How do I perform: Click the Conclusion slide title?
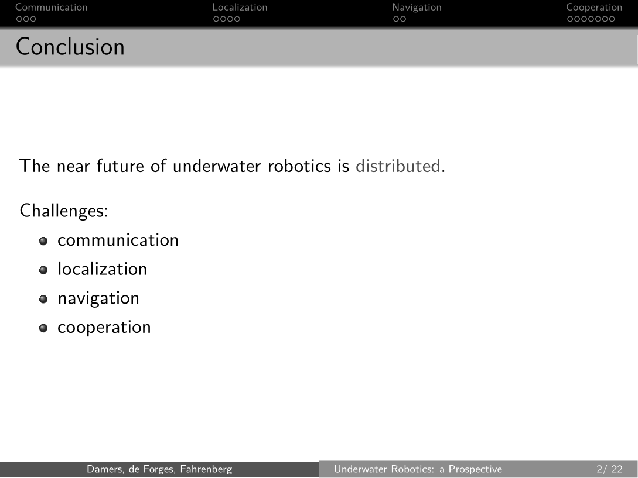(70, 47)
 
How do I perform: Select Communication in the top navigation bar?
(52, 8)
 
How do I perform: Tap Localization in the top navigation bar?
(240, 8)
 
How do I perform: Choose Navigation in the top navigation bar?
(417, 8)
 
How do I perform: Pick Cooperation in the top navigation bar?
(594, 8)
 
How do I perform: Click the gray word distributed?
(398, 166)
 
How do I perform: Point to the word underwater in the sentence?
(216, 166)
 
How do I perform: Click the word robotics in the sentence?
(299, 166)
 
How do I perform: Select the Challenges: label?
(64, 211)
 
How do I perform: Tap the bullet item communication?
(118, 240)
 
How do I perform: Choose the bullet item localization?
(102, 269)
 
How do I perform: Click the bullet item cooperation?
(104, 328)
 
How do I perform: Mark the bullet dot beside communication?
(43, 241)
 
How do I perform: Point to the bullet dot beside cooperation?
(43, 328)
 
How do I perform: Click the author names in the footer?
(159, 469)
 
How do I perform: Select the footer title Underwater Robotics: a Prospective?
(418, 469)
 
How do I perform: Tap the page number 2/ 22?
(609, 469)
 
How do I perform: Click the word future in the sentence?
(120, 166)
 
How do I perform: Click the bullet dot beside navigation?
(43, 299)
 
